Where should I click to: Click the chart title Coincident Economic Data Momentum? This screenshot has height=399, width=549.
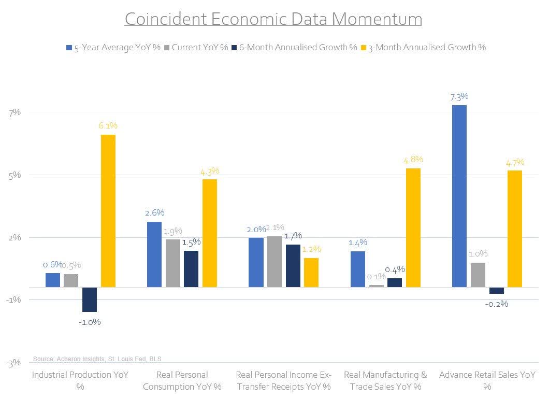click(x=273, y=19)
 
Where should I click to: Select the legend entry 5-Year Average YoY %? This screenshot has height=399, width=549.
click(x=113, y=48)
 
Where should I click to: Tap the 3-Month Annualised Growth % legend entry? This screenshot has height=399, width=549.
click(x=427, y=48)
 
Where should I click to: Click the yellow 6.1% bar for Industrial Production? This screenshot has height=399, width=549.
click(x=108, y=210)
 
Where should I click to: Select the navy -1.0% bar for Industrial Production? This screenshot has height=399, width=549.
click(x=90, y=300)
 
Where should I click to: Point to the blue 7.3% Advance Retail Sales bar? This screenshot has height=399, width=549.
click(x=459, y=196)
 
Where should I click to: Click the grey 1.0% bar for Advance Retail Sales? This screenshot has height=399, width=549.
click(x=478, y=275)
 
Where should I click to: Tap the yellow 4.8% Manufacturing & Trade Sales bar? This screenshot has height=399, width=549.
click(x=413, y=227)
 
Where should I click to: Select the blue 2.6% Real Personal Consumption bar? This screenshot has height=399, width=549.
click(x=154, y=254)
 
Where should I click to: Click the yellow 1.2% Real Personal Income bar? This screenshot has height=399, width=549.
click(x=311, y=272)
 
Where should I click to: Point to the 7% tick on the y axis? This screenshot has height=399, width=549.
click(x=14, y=112)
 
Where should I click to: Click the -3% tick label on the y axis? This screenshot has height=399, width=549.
click(x=13, y=363)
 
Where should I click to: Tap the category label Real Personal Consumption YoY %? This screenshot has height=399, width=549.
click(x=182, y=380)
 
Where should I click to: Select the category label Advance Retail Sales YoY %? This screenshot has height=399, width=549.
click(x=487, y=380)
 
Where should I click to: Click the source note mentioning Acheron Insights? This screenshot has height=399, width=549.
click(x=100, y=359)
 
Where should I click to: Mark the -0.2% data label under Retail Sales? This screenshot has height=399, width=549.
click(x=496, y=304)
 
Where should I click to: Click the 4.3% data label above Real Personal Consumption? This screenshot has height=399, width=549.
click(x=209, y=170)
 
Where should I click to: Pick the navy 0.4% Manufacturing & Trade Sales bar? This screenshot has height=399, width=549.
click(x=395, y=282)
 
